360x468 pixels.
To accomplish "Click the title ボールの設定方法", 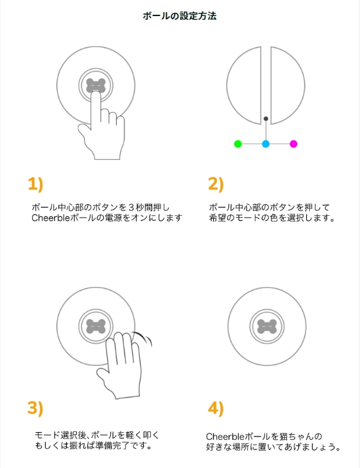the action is click(x=180, y=16).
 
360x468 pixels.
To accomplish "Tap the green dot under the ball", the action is click(x=237, y=144).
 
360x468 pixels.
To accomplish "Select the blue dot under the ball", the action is click(x=266, y=144).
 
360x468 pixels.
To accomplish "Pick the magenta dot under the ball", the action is click(x=293, y=144).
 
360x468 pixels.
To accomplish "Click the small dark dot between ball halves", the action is click(x=266, y=119).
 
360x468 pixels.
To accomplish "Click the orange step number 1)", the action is click(x=35, y=184).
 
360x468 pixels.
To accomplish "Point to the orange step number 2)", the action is click(x=216, y=184).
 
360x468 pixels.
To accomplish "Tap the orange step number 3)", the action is click(x=35, y=408).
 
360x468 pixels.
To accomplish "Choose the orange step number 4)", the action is click(x=216, y=408).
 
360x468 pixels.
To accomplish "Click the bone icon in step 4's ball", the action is click(x=267, y=326).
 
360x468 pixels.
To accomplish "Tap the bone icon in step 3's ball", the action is click(x=96, y=326).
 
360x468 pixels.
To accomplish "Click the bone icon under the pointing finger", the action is click(x=96, y=85).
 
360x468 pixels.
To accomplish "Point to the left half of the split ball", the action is click(x=244, y=85).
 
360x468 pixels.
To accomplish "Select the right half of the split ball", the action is click(x=288, y=85).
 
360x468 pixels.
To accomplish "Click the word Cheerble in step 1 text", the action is click(x=51, y=218).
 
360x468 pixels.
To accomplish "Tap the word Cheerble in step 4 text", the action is click(x=225, y=437).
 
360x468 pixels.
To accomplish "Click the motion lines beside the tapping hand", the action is click(x=143, y=339).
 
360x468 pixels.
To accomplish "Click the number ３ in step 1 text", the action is click(x=132, y=207).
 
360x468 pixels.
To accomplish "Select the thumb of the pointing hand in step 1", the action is click(x=83, y=132).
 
